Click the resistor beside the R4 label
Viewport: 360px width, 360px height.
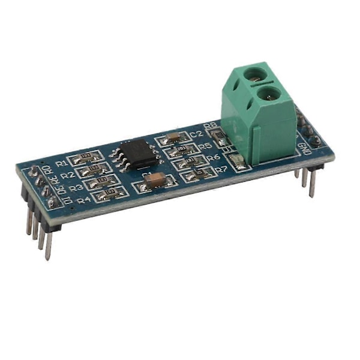[x=110, y=193]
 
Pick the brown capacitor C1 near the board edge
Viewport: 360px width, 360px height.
[x=156, y=178]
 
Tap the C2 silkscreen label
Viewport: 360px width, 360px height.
[x=196, y=134]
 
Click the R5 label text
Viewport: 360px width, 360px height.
[x=206, y=146]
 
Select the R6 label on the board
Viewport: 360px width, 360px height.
[x=213, y=157]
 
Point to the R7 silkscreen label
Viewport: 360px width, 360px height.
[x=221, y=170]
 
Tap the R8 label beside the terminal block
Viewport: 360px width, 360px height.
[x=211, y=126]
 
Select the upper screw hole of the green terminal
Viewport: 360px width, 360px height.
[x=256, y=76]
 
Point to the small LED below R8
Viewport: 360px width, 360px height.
[x=236, y=160]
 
